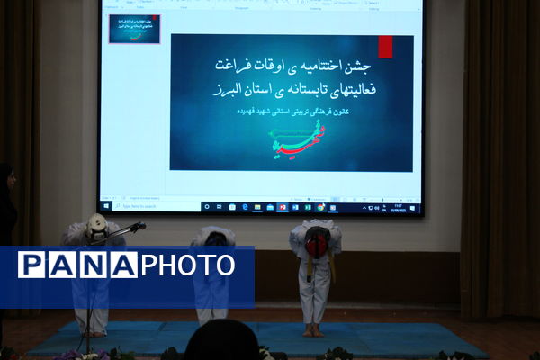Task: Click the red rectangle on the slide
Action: pyautogui.click(x=385, y=47)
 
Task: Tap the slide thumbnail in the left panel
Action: pyautogui.click(x=134, y=29)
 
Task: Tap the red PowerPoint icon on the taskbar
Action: pyautogui.click(x=283, y=207)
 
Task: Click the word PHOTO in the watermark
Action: pyautogui.click(x=188, y=265)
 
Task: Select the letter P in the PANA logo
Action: pyautogui.click(x=31, y=265)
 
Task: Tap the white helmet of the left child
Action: pyautogui.click(x=97, y=226)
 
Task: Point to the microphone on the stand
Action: pyautogui.click(x=138, y=226)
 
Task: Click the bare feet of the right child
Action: pyautogui.click(x=313, y=330)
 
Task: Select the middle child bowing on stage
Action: pyautogui.click(x=213, y=270)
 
